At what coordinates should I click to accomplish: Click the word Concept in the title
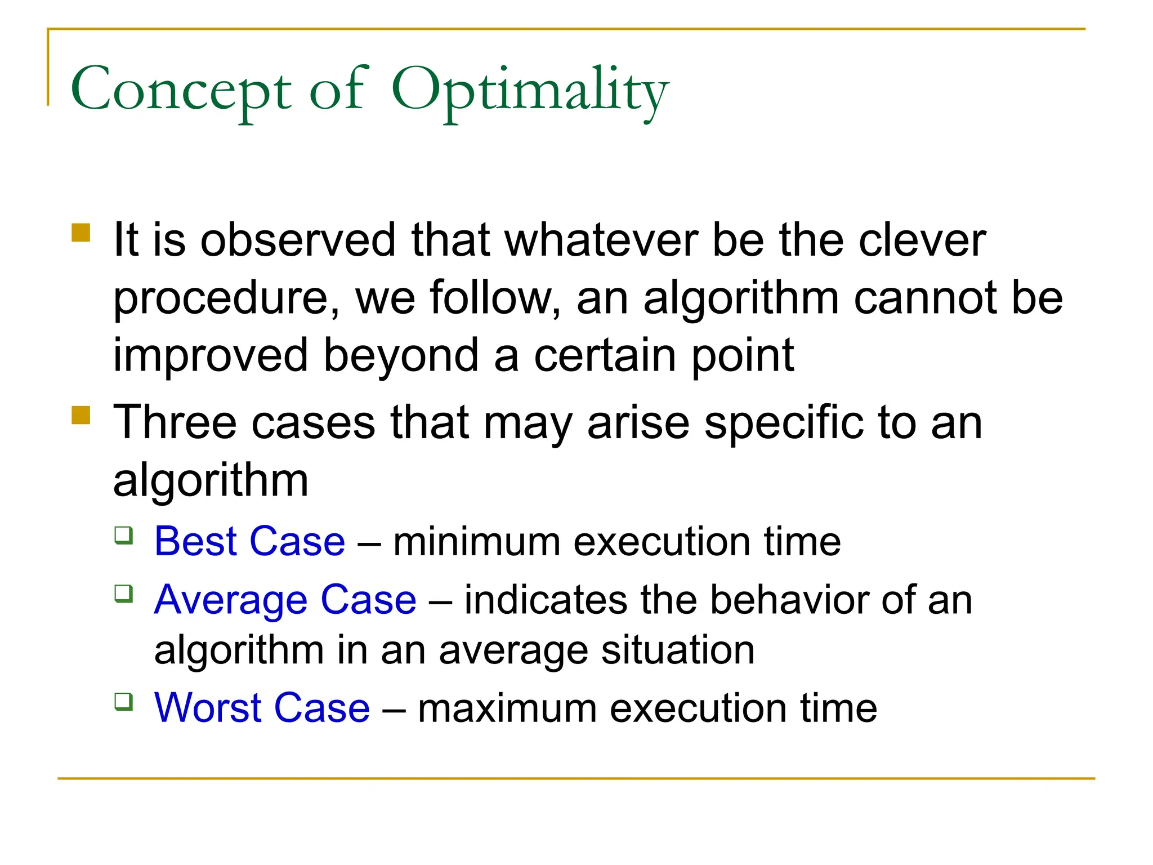181,90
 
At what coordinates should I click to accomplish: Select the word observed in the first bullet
298,240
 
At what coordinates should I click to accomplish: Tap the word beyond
400,356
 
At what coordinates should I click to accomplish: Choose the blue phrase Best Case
249,541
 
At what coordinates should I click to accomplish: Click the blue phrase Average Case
285,600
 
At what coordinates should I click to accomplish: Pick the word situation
678,650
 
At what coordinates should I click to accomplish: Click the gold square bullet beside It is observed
81,233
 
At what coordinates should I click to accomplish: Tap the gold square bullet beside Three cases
81,416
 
